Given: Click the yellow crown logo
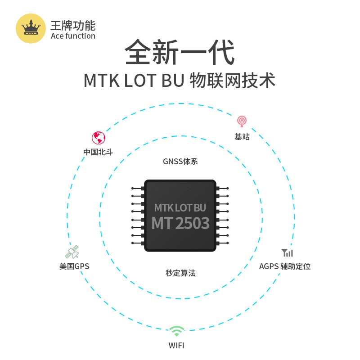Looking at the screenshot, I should click(31, 28).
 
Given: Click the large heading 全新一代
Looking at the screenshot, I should click(180, 53).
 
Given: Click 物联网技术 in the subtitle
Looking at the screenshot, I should click(232, 81).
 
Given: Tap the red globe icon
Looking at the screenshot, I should click(98, 138).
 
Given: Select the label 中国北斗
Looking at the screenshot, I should click(98, 152).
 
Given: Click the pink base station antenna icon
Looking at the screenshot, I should click(242, 121).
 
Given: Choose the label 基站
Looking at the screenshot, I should click(242, 136).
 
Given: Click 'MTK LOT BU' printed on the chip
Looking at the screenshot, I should click(180, 208).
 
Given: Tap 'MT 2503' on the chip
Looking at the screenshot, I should click(180, 223).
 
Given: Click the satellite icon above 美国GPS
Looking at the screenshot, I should click(72, 252).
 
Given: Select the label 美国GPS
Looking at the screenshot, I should click(74, 266).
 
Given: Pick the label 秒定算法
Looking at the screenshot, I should click(180, 273).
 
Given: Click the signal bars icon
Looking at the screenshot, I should click(287, 252).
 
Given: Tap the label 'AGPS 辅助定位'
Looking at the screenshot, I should click(284, 266).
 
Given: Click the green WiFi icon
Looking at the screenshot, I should click(176, 332).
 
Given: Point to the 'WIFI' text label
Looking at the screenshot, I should click(176, 346).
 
